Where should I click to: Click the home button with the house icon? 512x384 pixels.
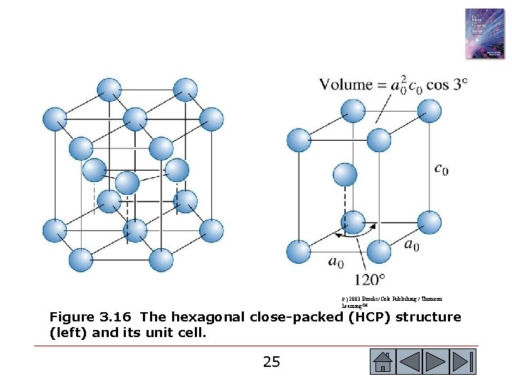(x=383, y=362)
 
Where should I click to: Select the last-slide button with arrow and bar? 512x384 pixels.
(x=463, y=362)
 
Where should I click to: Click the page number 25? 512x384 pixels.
(x=271, y=362)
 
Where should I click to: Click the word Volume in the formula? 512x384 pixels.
(x=346, y=85)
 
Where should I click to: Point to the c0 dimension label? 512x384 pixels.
(x=441, y=169)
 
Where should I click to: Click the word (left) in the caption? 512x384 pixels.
(x=67, y=332)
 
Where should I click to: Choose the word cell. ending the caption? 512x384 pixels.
(x=190, y=332)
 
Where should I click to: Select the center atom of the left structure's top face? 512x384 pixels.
(x=134, y=119)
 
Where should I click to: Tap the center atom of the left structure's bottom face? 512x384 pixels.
(x=134, y=230)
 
